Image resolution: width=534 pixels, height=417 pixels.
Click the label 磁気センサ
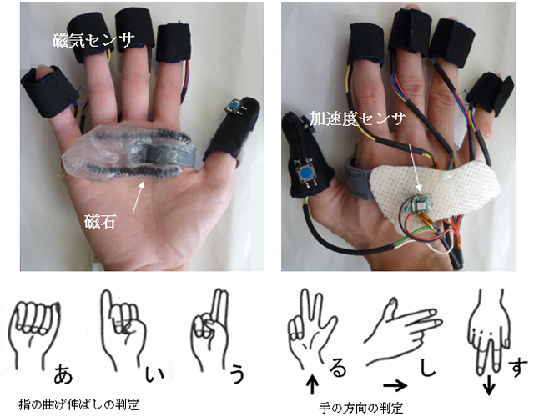(93, 40)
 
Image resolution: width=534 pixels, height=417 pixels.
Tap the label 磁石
(99, 222)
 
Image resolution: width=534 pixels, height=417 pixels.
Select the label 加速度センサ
(357, 118)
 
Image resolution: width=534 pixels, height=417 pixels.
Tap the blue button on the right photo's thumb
(306, 174)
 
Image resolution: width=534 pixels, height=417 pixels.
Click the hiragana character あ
(63, 374)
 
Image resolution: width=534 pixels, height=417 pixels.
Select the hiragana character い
(154, 374)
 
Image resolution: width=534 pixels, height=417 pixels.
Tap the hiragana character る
(338, 369)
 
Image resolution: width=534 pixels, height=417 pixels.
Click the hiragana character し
(427, 367)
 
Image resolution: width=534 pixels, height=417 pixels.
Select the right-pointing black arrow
(395, 385)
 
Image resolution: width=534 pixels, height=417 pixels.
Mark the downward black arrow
(490, 385)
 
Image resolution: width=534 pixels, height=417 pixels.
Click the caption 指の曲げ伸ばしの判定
(79, 404)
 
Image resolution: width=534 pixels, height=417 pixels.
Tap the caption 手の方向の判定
(361, 408)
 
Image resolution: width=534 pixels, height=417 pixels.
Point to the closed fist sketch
(35, 334)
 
